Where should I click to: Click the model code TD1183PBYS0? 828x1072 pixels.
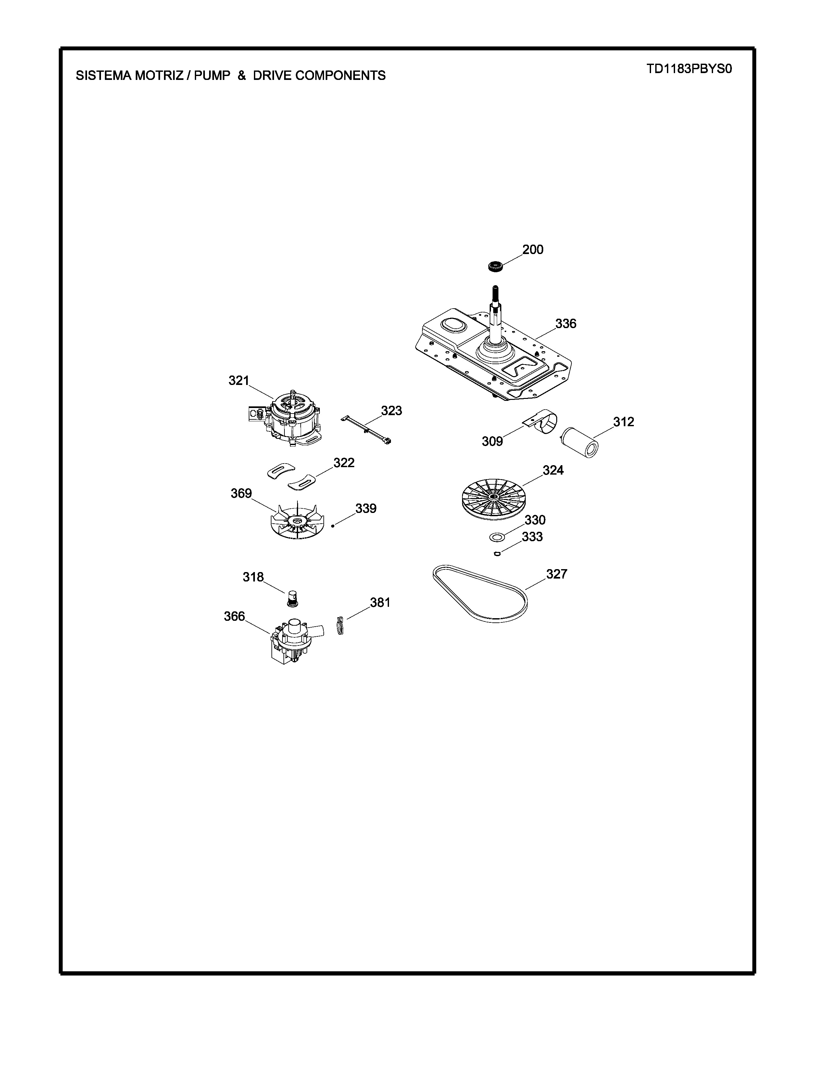689,69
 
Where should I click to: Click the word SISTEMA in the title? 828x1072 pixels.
102,76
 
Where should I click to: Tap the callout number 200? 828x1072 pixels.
533,250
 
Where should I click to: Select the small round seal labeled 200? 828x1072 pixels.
496,267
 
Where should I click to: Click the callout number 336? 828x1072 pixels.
566,324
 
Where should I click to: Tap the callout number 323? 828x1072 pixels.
392,411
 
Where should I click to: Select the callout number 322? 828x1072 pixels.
344,463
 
